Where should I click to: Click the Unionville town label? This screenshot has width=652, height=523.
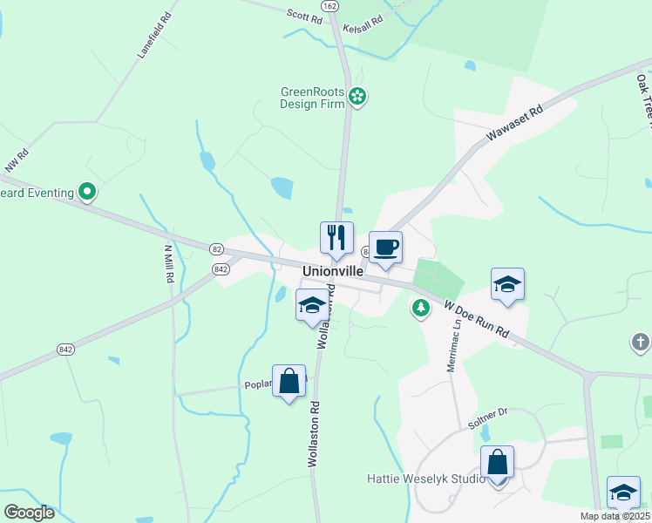tap(332, 271)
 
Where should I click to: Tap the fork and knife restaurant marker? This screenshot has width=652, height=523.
tap(336, 237)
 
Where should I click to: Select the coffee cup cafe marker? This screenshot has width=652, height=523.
tap(385, 247)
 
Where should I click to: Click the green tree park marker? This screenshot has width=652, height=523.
tap(421, 309)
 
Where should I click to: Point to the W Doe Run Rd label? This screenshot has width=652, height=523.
tap(476, 320)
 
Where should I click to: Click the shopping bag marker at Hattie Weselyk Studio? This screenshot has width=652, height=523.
tap(497, 463)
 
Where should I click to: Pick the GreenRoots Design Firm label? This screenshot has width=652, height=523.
tap(312, 97)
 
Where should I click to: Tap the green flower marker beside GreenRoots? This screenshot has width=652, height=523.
tap(357, 96)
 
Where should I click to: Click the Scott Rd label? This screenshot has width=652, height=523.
tap(304, 14)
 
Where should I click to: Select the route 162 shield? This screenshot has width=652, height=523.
tap(329, 5)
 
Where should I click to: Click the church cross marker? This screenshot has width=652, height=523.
tap(641, 343)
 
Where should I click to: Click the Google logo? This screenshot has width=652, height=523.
tap(29, 513)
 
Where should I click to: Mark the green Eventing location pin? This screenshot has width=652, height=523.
tap(87, 190)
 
